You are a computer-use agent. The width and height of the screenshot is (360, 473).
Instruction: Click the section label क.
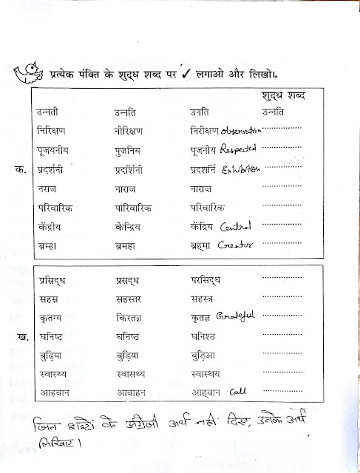19,169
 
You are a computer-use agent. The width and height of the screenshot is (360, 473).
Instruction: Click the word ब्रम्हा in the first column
49,245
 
